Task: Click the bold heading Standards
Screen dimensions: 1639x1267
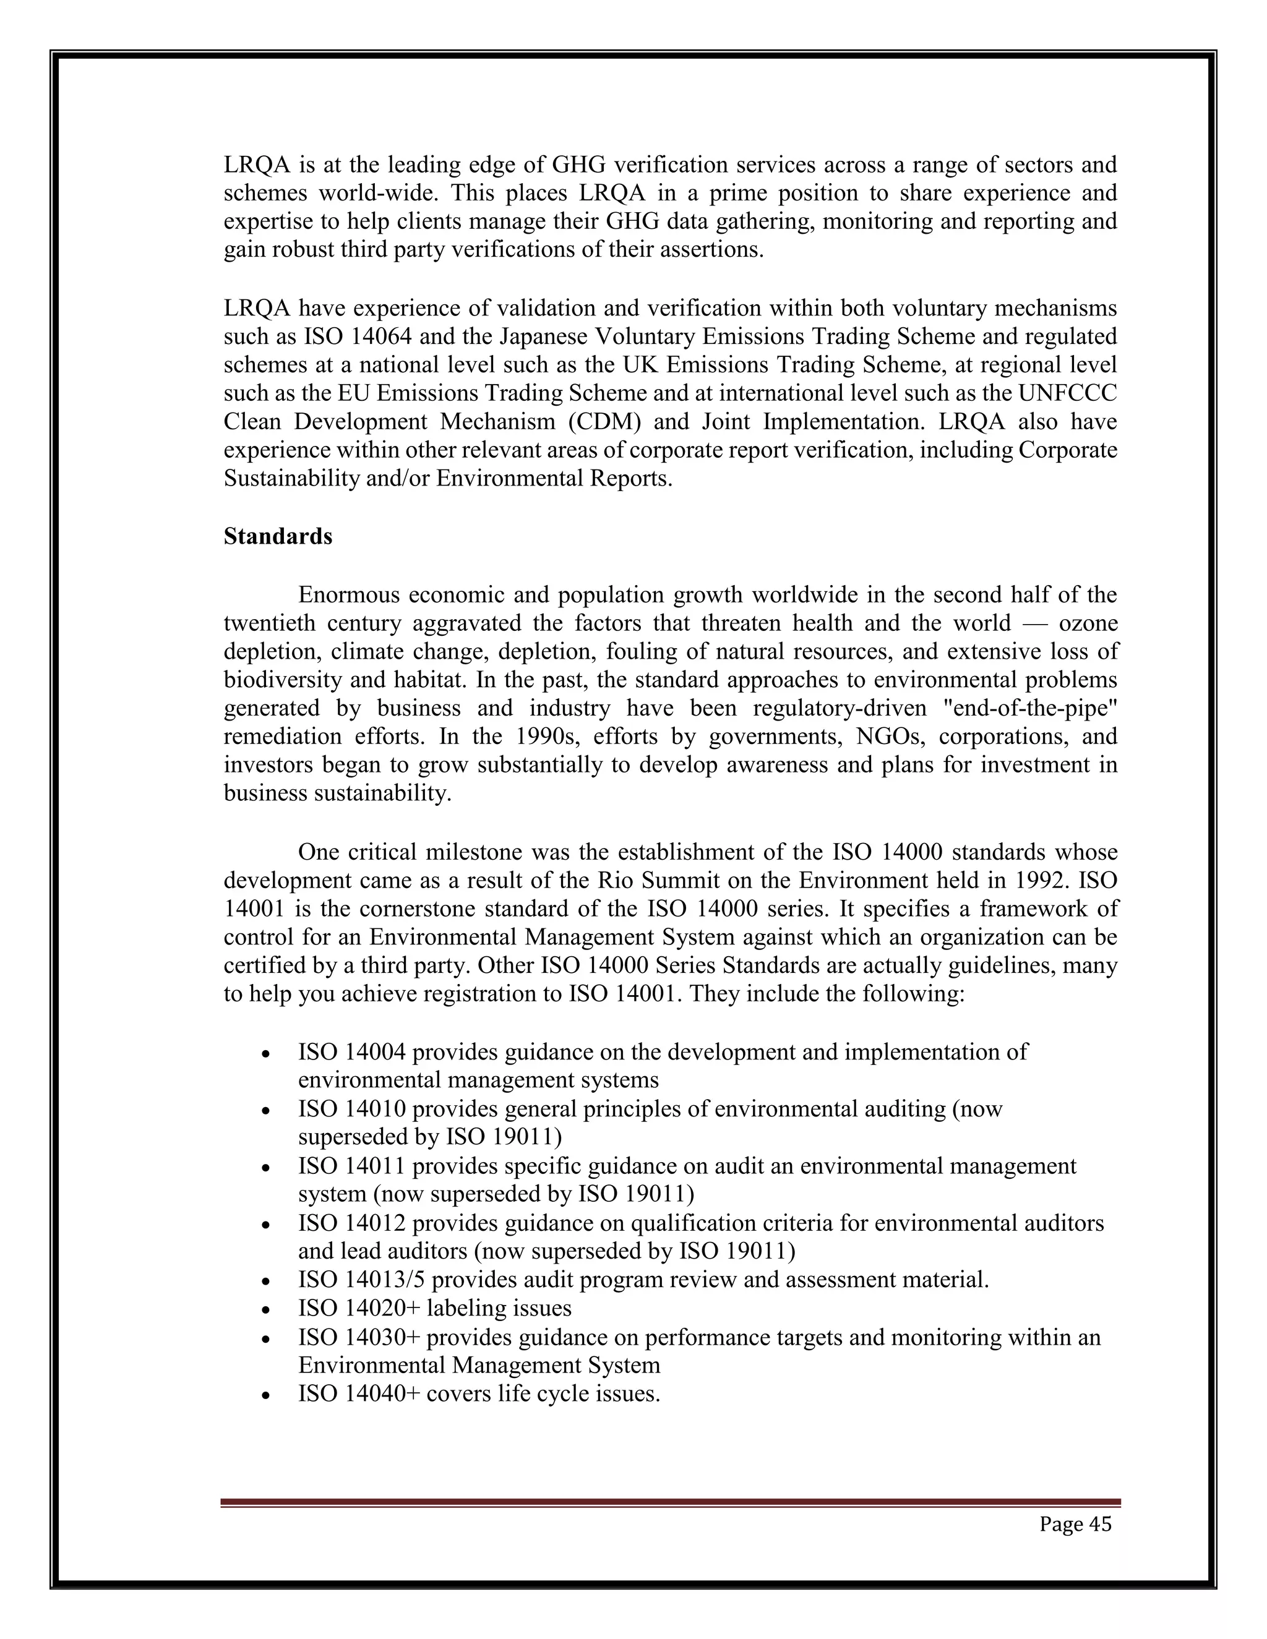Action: pyautogui.click(x=278, y=537)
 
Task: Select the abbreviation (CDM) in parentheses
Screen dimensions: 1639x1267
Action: pyautogui.click(x=604, y=422)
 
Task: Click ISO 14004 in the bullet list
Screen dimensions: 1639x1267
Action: pyautogui.click(x=351, y=1052)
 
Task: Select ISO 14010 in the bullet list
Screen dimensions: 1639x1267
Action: pyautogui.click(x=351, y=1109)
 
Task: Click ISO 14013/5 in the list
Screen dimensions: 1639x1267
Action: pyautogui.click(x=361, y=1280)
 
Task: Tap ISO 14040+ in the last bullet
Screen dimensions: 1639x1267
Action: pyautogui.click(x=359, y=1394)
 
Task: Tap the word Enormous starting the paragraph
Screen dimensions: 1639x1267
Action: pyautogui.click(x=348, y=595)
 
